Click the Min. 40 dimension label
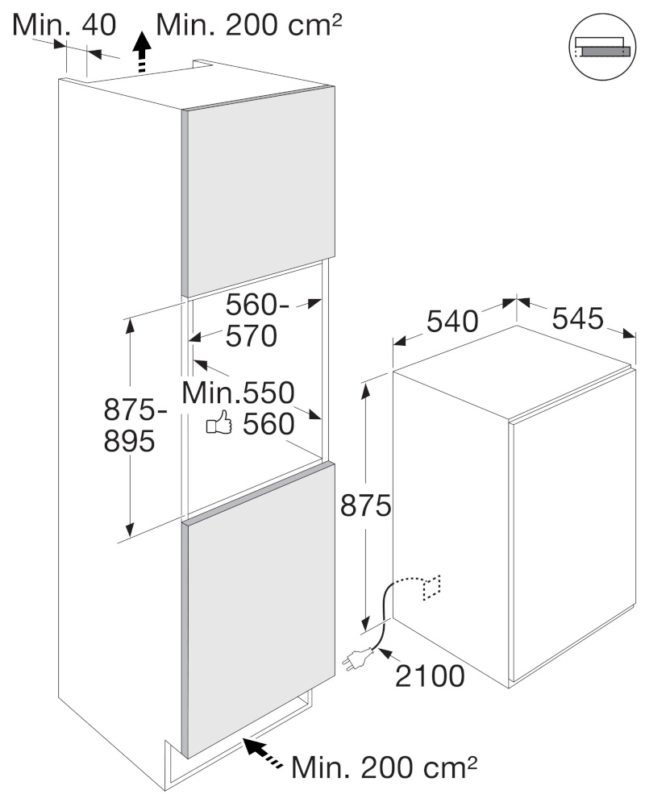(x=64, y=24)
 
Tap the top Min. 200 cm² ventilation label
(x=249, y=24)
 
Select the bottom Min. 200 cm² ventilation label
(x=385, y=767)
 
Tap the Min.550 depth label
(x=238, y=393)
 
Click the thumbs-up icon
(x=218, y=422)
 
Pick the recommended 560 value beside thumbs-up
(x=268, y=424)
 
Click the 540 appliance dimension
(x=452, y=321)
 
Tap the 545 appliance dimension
(x=577, y=318)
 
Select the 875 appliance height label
(x=365, y=505)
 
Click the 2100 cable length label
(x=429, y=676)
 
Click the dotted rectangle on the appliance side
(x=431, y=588)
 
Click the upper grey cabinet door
(x=258, y=191)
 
